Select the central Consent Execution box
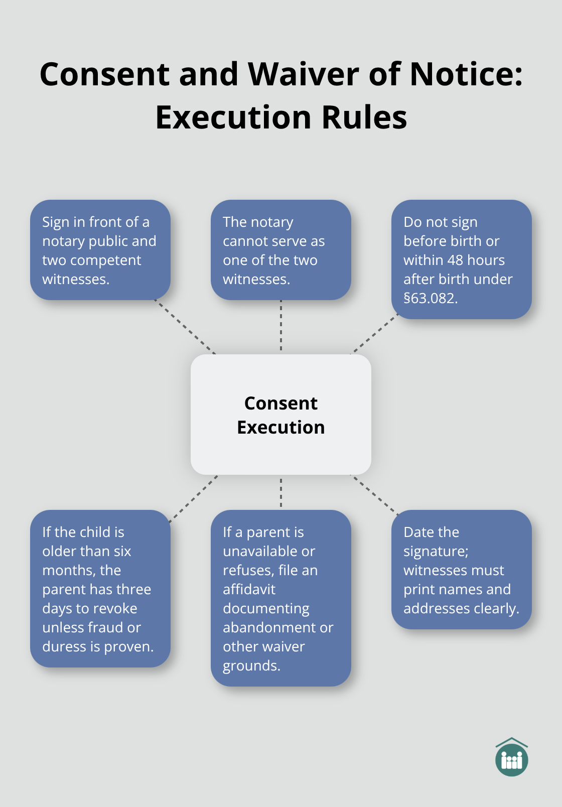coord(281,415)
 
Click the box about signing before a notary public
coord(100,250)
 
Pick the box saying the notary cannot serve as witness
coord(281,250)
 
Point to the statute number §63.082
coord(430,298)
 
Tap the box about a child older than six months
coord(100,588)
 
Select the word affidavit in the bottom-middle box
coord(249,589)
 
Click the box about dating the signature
coord(462,569)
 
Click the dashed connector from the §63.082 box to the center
coord(374,334)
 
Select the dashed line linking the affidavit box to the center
coord(281,492)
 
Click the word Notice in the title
coord(466,74)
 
